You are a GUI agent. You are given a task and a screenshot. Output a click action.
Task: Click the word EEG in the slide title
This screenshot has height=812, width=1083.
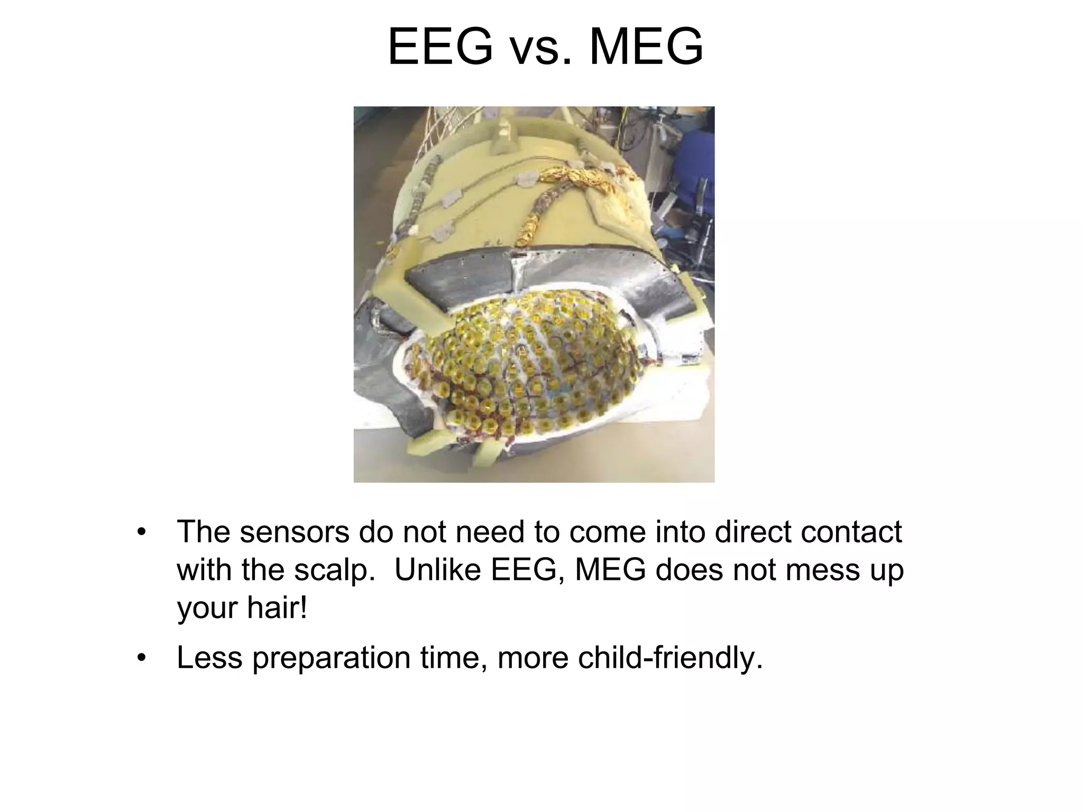(440, 48)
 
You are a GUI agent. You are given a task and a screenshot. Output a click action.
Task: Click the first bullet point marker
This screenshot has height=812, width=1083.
(141, 532)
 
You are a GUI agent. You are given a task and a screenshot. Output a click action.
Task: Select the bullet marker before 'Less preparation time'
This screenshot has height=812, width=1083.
(141, 658)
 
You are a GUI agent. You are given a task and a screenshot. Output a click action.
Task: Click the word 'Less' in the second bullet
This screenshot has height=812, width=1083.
(209, 658)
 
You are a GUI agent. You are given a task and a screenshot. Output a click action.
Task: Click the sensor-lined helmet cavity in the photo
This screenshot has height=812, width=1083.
(529, 370)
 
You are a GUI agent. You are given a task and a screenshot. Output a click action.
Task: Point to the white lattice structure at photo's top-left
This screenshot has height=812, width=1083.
(418, 132)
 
